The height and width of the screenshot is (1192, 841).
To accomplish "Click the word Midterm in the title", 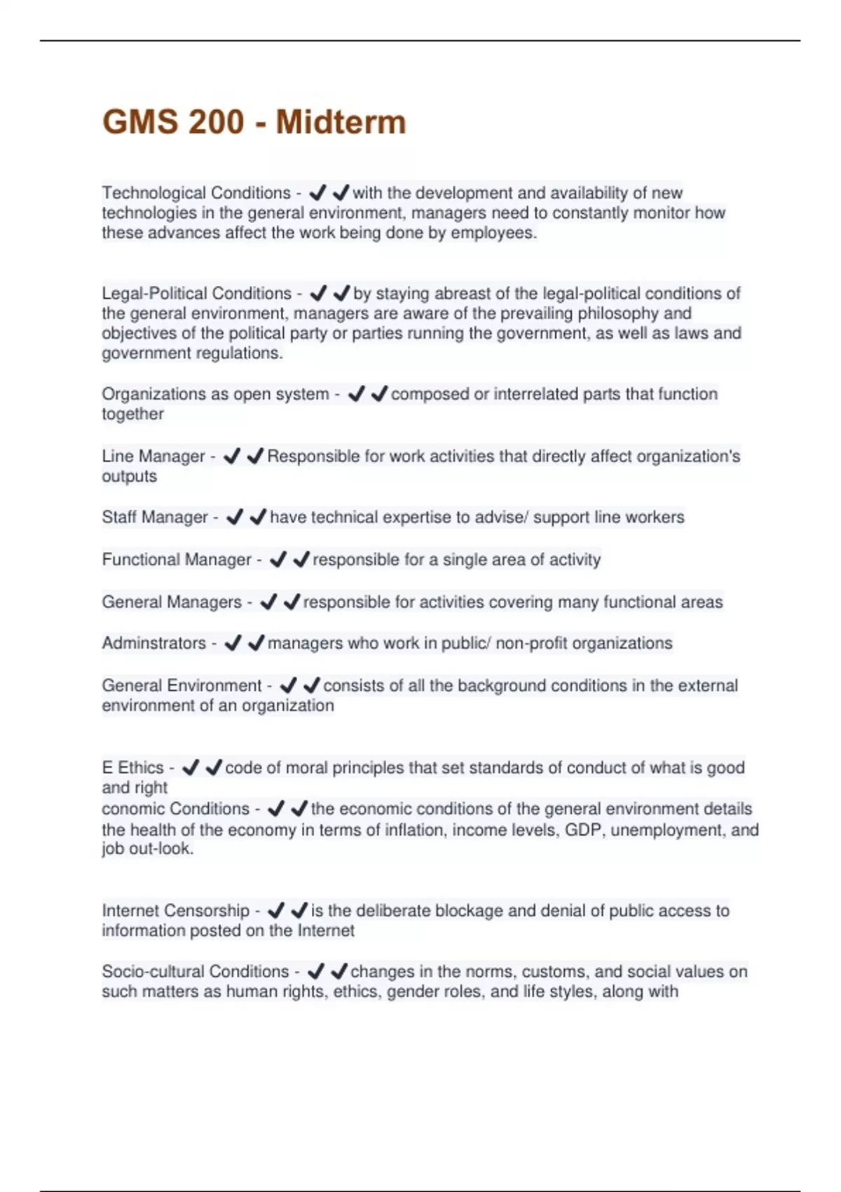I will coord(341,122).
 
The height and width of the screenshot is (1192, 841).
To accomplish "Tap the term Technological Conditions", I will coord(196,193).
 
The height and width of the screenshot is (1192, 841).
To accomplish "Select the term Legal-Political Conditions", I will coord(196,293).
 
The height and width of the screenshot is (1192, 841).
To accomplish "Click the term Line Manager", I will coord(153,456).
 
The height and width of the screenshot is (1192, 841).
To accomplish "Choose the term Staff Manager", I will coord(155,517).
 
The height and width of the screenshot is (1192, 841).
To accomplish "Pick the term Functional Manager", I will coord(177,560).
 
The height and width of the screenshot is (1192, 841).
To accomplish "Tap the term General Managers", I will coord(172,602).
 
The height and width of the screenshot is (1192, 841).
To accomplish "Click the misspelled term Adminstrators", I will coord(154,644).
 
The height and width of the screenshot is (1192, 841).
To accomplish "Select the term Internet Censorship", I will coord(176,911).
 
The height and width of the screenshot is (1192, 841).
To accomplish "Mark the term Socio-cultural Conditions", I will coord(196,972).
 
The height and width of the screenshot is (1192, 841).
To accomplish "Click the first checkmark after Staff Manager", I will coord(235,517).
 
